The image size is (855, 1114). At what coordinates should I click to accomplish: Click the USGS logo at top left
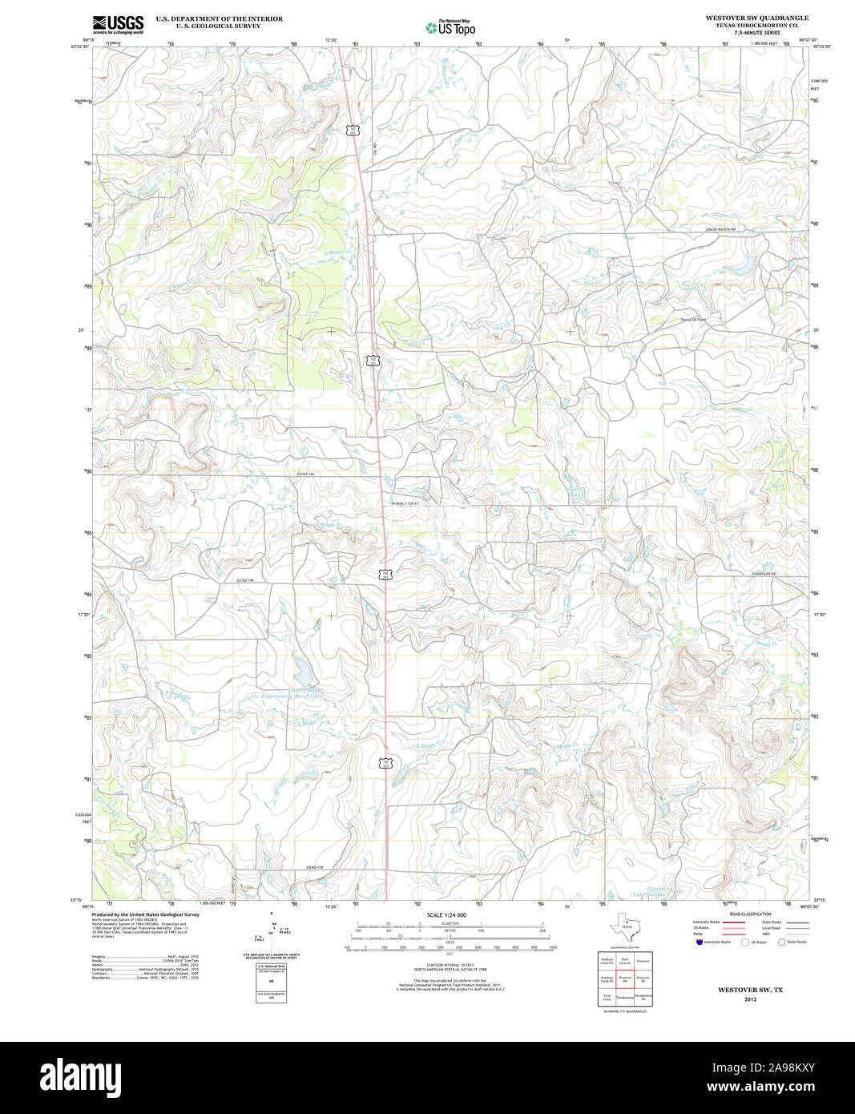coord(118,23)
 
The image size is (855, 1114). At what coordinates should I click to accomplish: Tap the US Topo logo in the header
coord(450,28)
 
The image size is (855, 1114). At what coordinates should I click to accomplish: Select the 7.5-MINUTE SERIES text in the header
coord(756,33)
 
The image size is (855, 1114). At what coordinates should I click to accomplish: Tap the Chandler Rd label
coord(763,574)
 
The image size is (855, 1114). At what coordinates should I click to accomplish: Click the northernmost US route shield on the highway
coord(352,129)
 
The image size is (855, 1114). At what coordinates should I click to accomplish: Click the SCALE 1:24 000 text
coord(446,914)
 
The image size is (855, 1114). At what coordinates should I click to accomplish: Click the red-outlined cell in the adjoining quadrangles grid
coord(625,979)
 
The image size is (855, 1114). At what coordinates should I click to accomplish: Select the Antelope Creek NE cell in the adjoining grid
coord(607,959)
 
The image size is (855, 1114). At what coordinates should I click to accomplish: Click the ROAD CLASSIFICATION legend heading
coord(750,914)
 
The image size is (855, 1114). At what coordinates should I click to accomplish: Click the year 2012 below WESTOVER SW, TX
coord(750,999)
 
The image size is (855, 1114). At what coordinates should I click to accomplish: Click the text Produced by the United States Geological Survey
coord(145,914)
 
